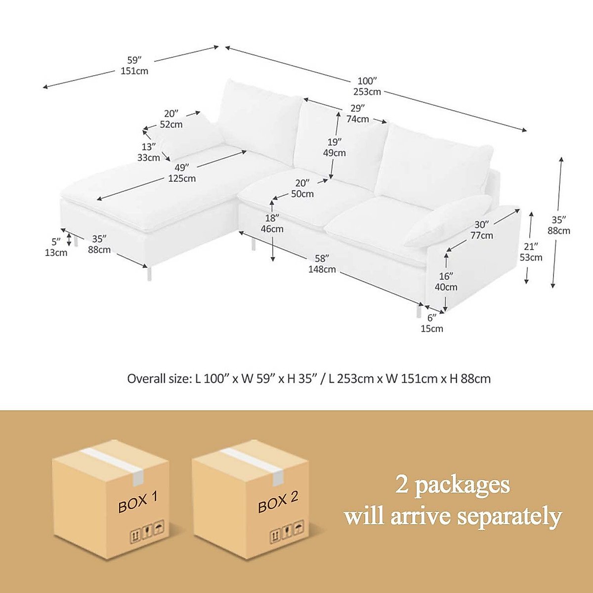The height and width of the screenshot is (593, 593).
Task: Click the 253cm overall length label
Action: [367, 91]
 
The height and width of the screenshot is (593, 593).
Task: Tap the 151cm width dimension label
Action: [134, 71]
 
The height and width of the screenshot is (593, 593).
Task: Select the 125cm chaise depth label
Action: [182, 178]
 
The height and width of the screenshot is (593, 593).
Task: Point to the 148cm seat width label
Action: [322, 269]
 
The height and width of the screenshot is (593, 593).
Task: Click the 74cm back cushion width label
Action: [358, 119]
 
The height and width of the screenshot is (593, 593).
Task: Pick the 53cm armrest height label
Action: [531, 257]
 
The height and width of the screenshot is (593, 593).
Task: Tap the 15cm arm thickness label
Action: [432, 329]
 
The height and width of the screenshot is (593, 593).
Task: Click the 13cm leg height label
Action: [56, 253]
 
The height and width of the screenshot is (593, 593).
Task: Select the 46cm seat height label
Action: [272, 229]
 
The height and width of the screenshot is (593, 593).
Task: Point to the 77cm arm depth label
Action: [481, 236]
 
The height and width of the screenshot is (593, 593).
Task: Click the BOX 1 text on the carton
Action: [138, 502]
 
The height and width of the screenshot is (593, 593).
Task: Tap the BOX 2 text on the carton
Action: [278, 502]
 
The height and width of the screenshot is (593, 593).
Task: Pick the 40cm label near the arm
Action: [446, 287]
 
